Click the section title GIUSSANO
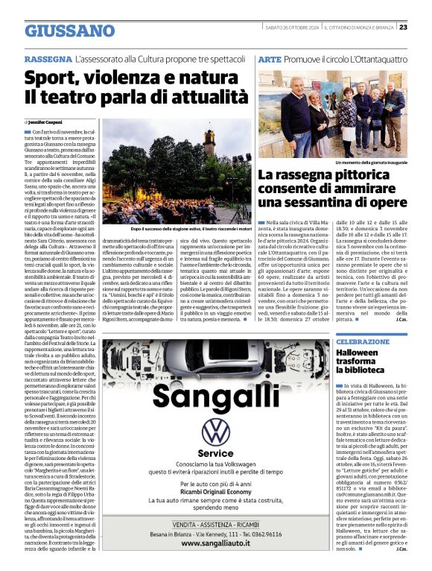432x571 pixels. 70,31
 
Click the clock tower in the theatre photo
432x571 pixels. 209,142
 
